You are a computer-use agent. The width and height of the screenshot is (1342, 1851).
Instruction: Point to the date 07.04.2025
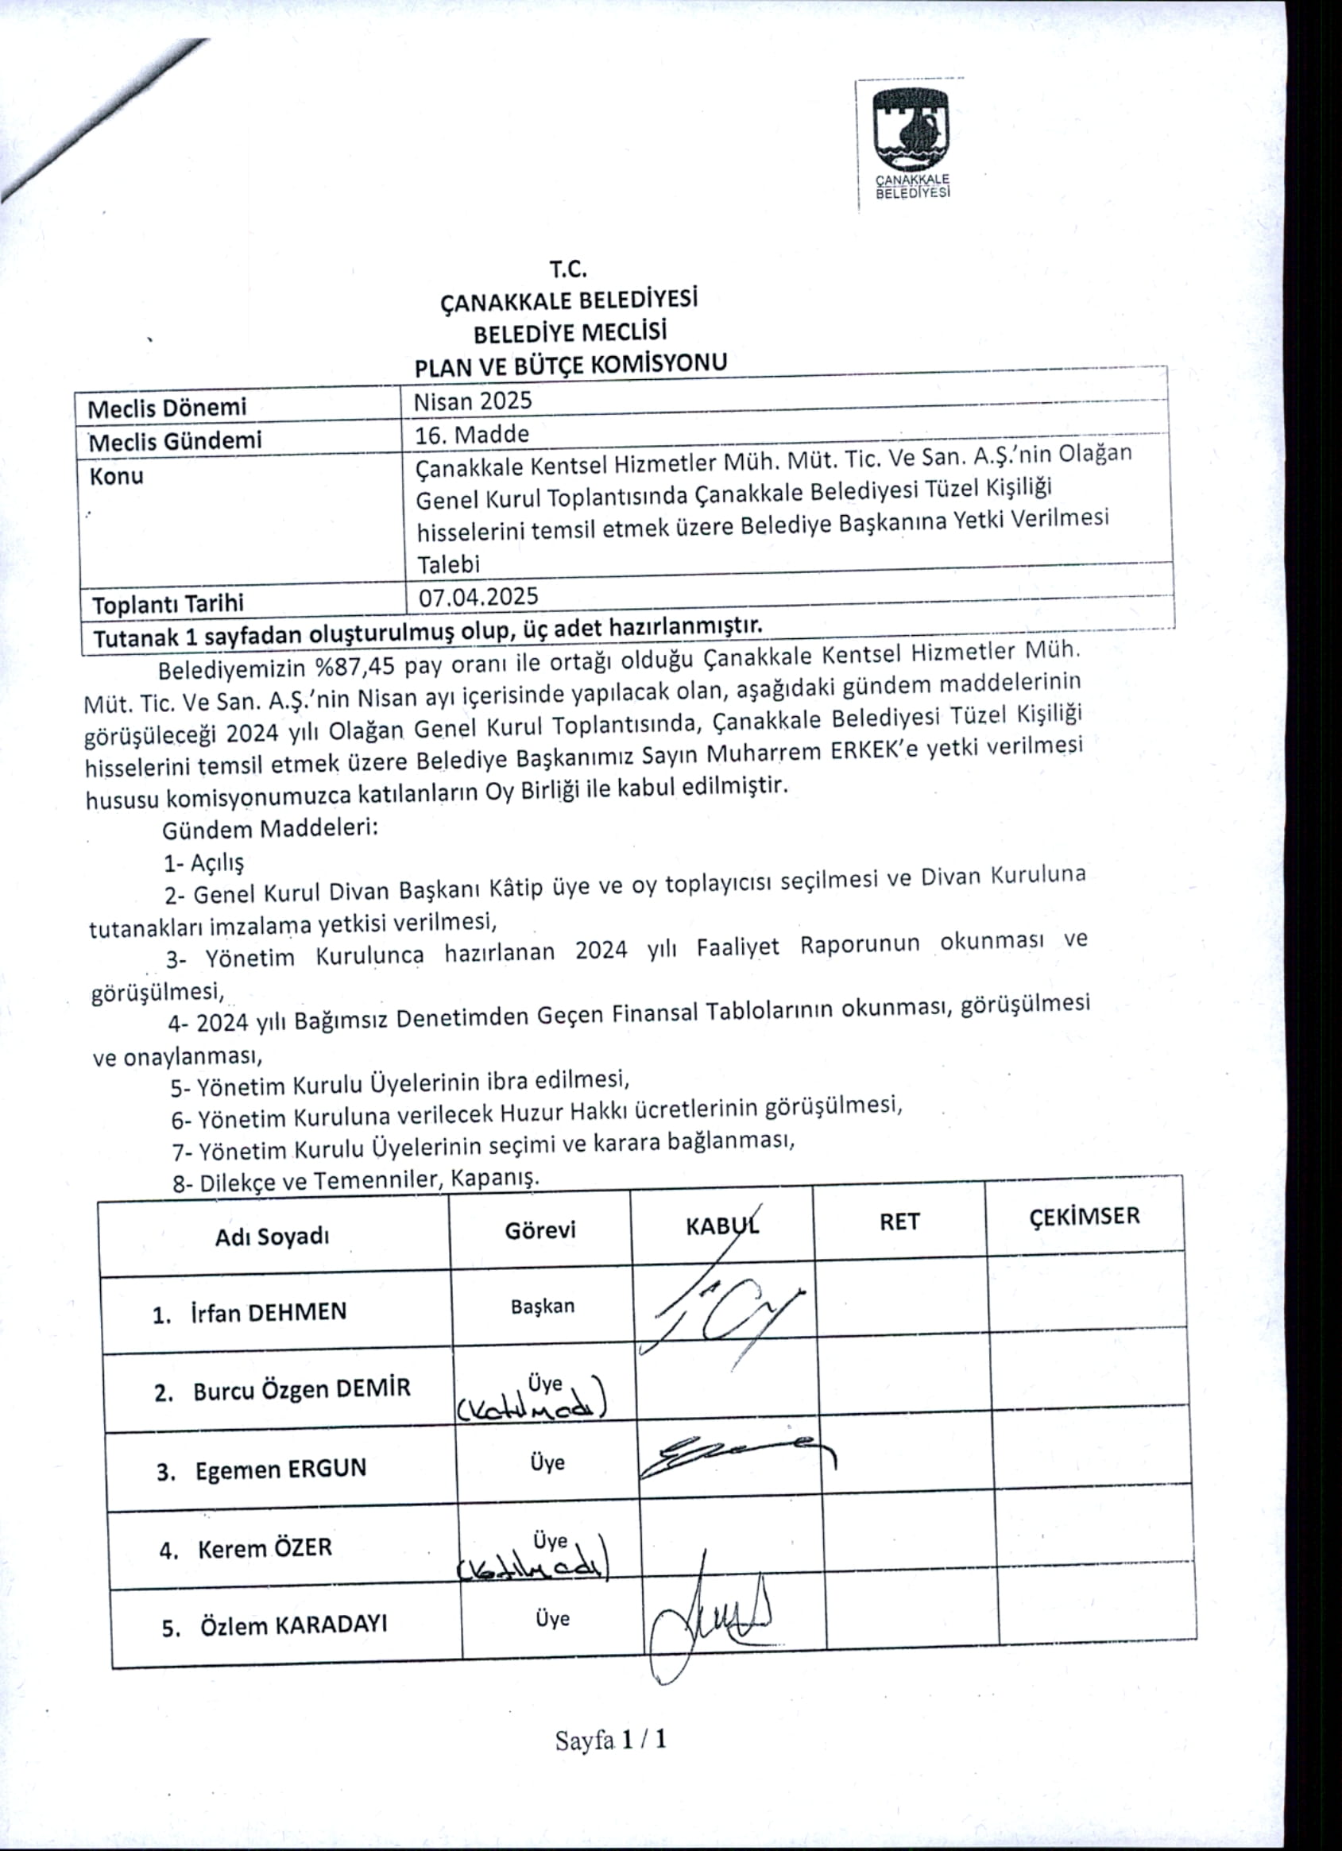point(478,596)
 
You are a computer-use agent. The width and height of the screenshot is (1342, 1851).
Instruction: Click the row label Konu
point(117,476)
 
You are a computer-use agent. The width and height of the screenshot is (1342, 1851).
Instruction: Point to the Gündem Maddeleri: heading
point(270,830)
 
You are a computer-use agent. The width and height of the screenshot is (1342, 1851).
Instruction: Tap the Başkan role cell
point(543,1306)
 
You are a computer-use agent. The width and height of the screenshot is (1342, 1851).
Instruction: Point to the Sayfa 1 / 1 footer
point(611,1740)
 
